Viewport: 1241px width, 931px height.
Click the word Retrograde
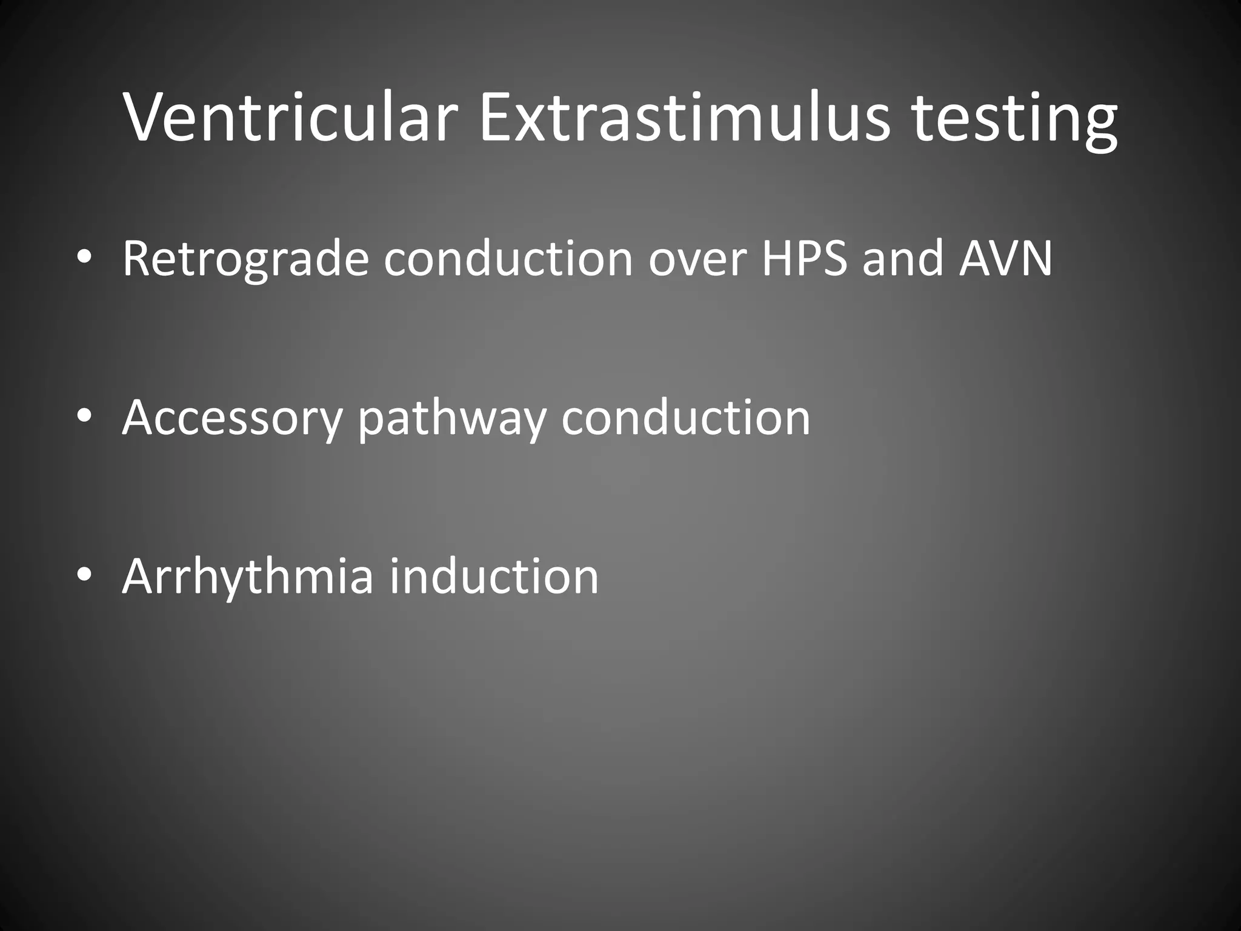click(x=245, y=259)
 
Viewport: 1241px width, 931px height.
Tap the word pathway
click(x=452, y=418)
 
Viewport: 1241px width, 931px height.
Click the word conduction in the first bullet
click(x=509, y=259)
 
